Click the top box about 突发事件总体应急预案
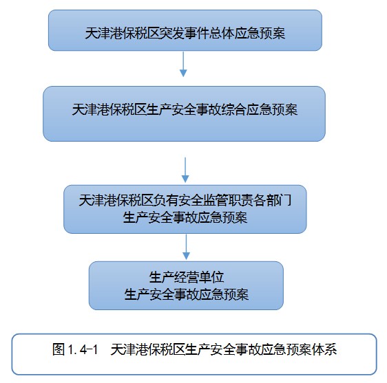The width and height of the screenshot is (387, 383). pyautogui.click(x=185, y=30)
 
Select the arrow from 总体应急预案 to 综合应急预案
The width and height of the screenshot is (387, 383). pyautogui.click(x=183, y=64)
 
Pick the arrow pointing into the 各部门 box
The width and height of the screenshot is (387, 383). pyautogui.click(x=185, y=170)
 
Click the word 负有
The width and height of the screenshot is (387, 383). pyautogui.click(x=165, y=200)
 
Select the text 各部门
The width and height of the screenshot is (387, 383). pyautogui.click(x=272, y=200)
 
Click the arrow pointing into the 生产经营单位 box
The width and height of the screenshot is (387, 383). pyautogui.click(x=186, y=247)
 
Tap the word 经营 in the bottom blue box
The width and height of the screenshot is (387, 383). pyautogui.click(x=187, y=277)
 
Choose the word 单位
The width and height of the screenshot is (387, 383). pyautogui.click(x=211, y=277)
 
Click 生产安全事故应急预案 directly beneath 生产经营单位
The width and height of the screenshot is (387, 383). pyautogui.click(x=187, y=294)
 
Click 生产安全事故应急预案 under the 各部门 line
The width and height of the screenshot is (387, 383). pyautogui.click(x=185, y=217)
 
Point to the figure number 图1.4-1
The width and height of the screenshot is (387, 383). pyautogui.click(x=75, y=349)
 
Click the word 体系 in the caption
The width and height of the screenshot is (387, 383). pyautogui.click(x=324, y=349)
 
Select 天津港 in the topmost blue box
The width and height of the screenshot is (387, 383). pyautogui.click(x=104, y=33)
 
